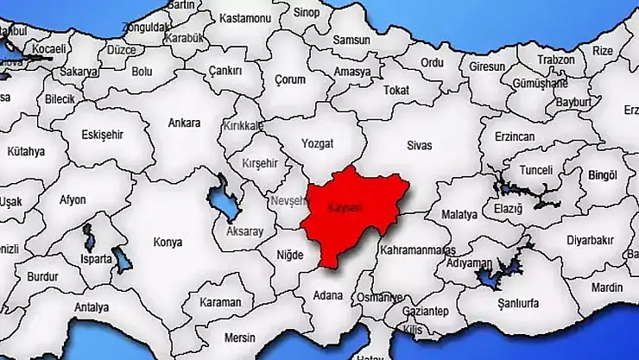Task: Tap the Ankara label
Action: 185,123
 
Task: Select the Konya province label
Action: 168,243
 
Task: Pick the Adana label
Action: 328,295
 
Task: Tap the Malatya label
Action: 458,214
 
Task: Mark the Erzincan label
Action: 515,137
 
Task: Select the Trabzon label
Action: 555,60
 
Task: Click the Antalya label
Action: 92,306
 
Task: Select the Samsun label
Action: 351,41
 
